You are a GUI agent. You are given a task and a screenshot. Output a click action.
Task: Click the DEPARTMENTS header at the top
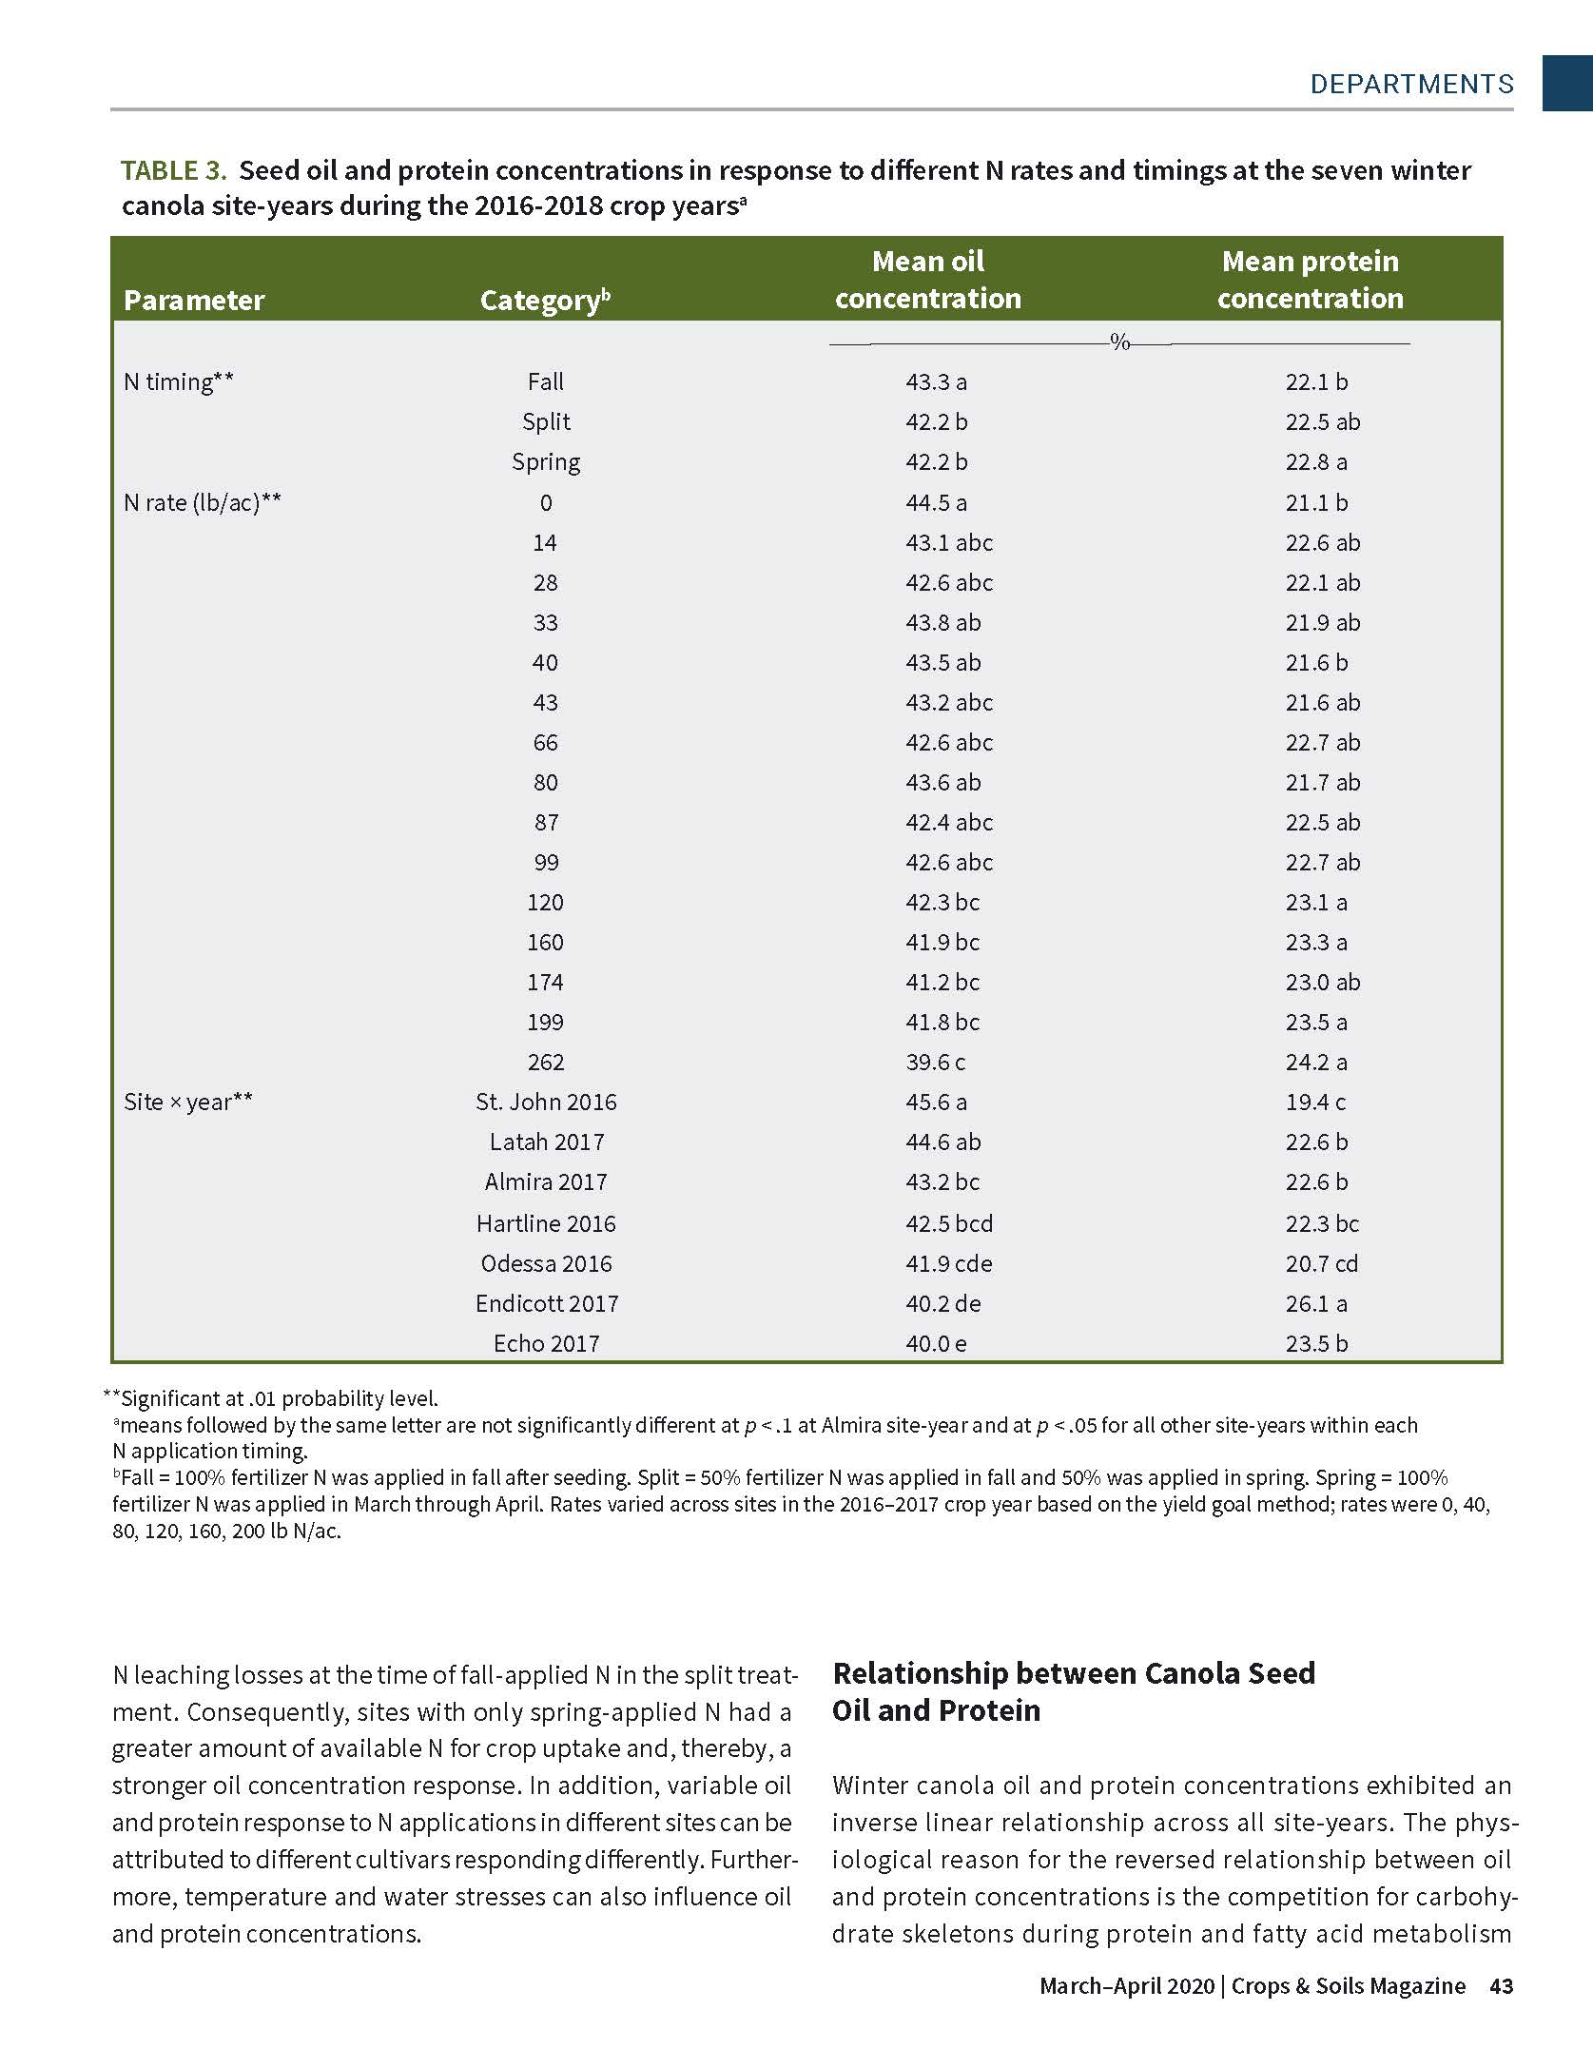[x=1411, y=84]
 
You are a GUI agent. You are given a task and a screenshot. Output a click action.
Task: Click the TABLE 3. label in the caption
[x=173, y=171]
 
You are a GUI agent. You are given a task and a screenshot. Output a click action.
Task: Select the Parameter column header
[x=194, y=301]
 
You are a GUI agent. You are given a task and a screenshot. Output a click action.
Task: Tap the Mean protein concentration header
[x=1310, y=280]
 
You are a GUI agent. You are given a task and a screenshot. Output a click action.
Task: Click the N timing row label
[x=179, y=382]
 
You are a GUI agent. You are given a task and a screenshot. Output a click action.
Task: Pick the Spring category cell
[x=546, y=462]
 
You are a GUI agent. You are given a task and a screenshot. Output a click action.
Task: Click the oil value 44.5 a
[x=936, y=502]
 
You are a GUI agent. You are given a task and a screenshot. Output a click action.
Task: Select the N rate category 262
[x=546, y=1062]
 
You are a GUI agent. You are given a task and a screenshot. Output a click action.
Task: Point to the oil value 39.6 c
[x=936, y=1062]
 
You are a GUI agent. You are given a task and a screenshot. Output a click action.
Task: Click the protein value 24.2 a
[x=1316, y=1062]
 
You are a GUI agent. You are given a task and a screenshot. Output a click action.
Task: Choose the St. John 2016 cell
[x=546, y=1102]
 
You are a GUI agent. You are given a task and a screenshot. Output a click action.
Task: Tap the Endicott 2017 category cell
[x=547, y=1303]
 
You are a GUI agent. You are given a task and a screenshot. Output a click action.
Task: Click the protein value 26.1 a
[x=1316, y=1303]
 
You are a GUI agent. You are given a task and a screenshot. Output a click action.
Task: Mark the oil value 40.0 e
[x=936, y=1343]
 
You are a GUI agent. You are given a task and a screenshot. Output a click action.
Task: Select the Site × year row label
[x=188, y=1102]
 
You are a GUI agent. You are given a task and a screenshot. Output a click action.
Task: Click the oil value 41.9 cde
[x=948, y=1263]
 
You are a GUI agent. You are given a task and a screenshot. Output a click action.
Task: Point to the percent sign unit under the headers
[x=1120, y=342]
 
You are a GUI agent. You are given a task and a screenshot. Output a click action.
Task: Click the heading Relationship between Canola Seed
[x=1074, y=1673]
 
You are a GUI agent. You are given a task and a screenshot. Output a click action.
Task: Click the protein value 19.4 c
[x=1316, y=1102]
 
